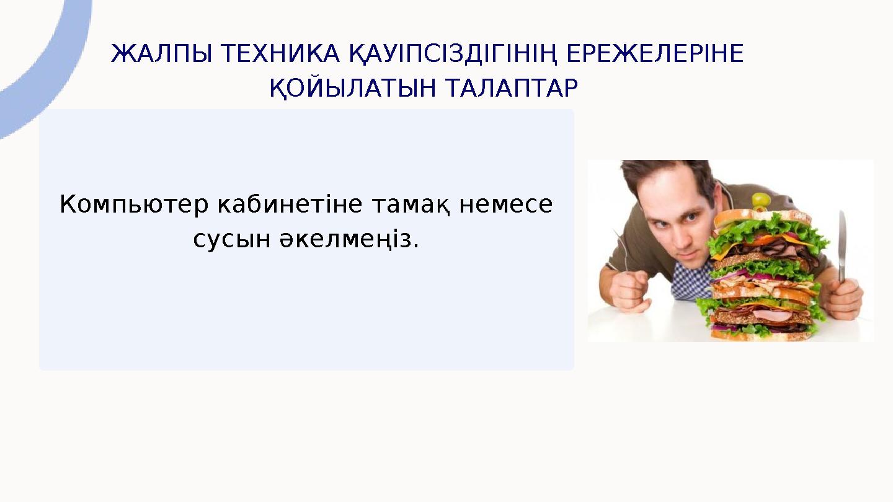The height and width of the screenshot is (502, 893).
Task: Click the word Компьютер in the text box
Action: [134, 205]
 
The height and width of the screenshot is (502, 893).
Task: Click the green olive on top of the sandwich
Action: [760, 200]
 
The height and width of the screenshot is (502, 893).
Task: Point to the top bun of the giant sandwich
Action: [762, 218]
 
